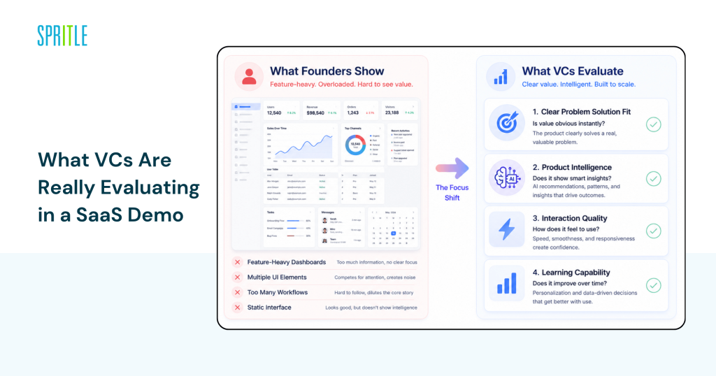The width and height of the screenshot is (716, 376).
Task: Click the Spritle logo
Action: tap(62, 35)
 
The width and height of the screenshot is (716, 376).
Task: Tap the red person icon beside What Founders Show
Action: tap(248, 76)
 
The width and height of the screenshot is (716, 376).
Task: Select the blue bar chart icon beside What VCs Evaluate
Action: tap(500, 76)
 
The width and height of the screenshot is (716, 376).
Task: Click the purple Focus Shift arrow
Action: tap(452, 168)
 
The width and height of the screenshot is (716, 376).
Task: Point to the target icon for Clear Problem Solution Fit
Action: tap(506, 124)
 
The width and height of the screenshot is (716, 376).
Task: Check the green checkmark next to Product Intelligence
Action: tap(653, 178)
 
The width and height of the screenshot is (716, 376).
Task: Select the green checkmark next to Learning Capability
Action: tap(653, 285)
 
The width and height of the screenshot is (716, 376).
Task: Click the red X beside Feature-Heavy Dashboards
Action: tap(238, 262)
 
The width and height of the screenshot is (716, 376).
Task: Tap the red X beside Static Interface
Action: tap(238, 308)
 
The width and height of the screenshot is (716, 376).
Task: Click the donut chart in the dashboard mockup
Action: tap(355, 145)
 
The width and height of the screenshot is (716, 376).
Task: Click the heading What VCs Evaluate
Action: tap(572, 71)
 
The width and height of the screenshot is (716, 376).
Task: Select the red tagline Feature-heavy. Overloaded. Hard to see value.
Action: tap(341, 85)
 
